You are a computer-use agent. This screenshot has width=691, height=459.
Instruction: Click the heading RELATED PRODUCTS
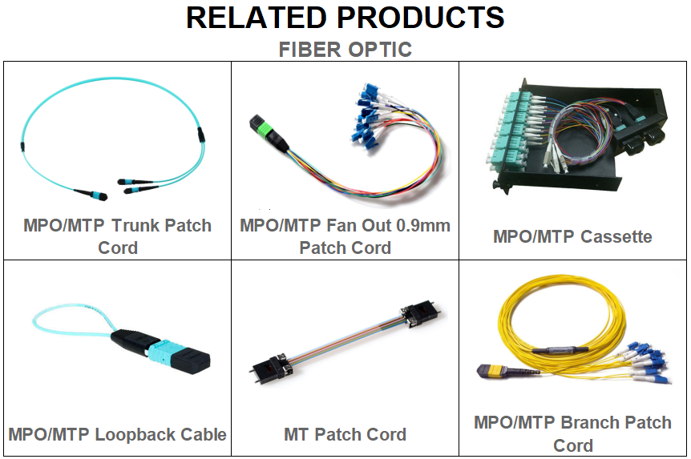[x=345, y=18]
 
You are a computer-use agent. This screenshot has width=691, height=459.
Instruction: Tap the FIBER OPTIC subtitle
[x=345, y=50]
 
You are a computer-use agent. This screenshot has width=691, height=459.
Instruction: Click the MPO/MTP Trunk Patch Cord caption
[x=117, y=236]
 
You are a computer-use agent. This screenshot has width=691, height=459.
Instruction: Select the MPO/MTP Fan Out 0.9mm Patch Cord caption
[x=345, y=236]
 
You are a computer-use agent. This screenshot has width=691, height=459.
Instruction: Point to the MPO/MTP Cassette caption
[x=572, y=236]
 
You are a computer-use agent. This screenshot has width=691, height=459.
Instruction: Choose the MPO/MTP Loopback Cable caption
[x=117, y=434]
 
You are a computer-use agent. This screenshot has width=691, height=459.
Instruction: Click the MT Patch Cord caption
[x=345, y=434]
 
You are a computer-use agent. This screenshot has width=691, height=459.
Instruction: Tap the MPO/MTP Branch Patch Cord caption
[x=572, y=434]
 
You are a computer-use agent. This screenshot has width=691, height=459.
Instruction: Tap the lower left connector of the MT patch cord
[x=269, y=367]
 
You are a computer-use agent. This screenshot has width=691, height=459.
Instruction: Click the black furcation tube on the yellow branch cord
[x=560, y=351]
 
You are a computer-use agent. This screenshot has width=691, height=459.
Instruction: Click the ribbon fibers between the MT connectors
[x=345, y=340]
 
